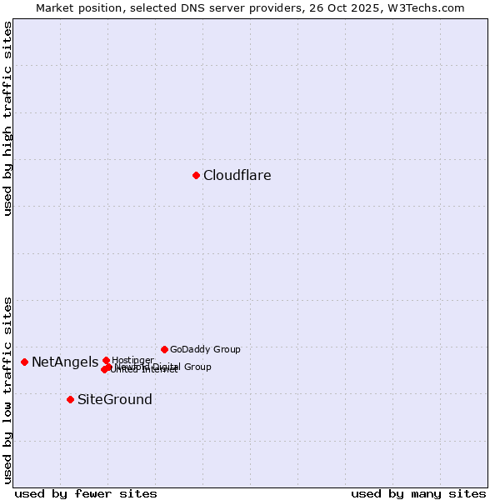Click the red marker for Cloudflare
click(196, 175)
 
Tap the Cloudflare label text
click(237, 175)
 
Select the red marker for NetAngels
click(25, 362)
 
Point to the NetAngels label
click(65, 362)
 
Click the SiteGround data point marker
click(70, 399)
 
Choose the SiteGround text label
click(115, 400)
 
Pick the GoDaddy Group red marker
click(164, 349)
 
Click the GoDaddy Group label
click(205, 350)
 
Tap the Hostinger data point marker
click(106, 360)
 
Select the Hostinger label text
click(133, 360)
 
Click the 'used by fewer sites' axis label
click(86, 493)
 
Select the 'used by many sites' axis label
click(418, 493)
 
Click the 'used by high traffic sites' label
click(7, 118)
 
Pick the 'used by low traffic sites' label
click(7, 390)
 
